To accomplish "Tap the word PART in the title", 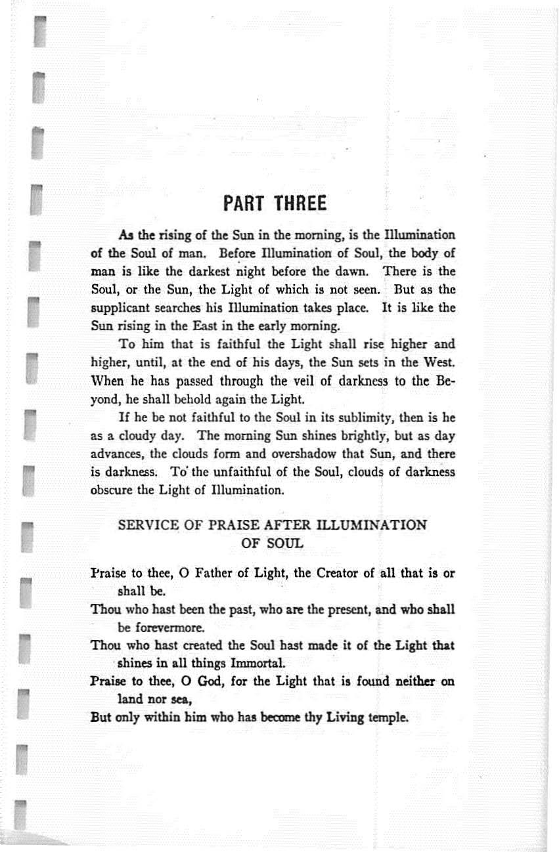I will [246, 203].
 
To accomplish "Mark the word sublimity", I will [355, 417].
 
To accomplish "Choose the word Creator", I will [341, 574].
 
